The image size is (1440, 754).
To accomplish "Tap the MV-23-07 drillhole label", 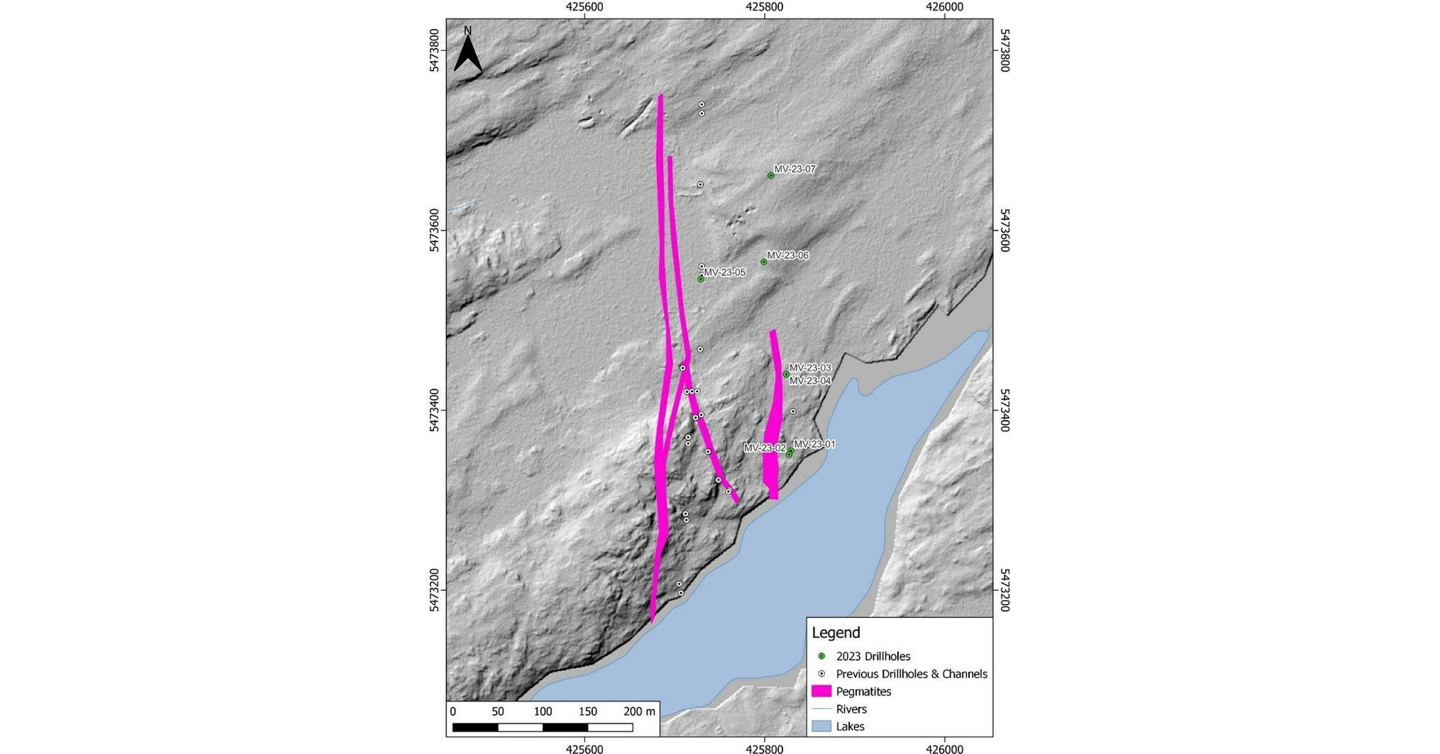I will (x=794, y=170).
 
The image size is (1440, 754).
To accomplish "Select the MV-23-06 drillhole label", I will (x=787, y=255).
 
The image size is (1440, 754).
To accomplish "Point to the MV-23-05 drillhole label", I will (x=724, y=272).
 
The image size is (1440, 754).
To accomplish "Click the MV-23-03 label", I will (x=809, y=368).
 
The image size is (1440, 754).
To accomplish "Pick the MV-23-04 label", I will (x=809, y=381).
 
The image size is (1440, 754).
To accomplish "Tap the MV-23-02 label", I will (x=764, y=448).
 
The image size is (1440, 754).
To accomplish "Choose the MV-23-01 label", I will (x=814, y=445).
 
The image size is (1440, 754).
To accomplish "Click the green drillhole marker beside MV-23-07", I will (x=770, y=176).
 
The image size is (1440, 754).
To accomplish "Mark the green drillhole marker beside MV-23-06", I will (x=764, y=262).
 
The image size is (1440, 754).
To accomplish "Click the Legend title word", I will (x=836, y=633).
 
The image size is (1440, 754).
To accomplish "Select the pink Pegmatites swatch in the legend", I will (x=821, y=691).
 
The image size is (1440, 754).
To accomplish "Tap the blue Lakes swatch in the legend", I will (x=821, y=726).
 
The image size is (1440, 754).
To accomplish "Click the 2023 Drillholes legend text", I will (x=873, y=656).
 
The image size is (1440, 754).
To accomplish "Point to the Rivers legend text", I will (x=851, y=709).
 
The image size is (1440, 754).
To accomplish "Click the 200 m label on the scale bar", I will (x=639, y=711).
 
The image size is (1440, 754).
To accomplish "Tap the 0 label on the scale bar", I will (x=453, y=711).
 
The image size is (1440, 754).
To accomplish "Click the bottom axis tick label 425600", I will (x=585, y=748).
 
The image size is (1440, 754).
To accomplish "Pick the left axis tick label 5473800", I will (x=434, y=51).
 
